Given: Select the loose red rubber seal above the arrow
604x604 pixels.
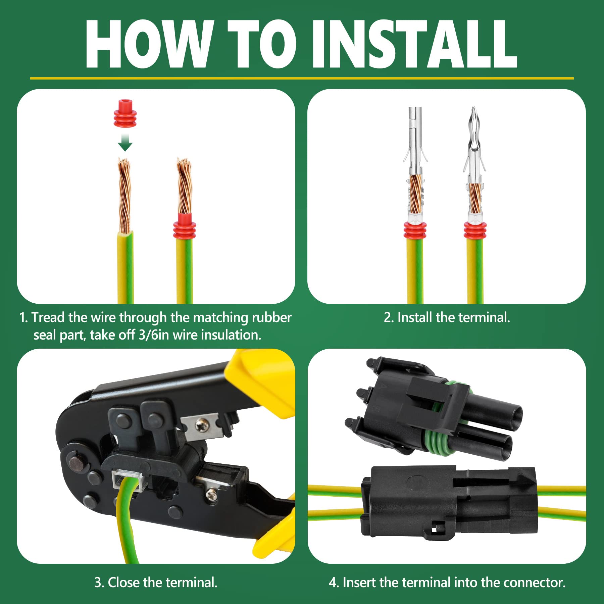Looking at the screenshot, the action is click(x=125, y=113).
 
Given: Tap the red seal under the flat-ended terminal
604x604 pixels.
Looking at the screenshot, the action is click(x=415, y=231).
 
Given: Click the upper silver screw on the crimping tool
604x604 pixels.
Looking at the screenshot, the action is click(x=202, y=425).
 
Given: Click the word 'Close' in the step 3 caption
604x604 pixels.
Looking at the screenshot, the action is click(x=124, y=583).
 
